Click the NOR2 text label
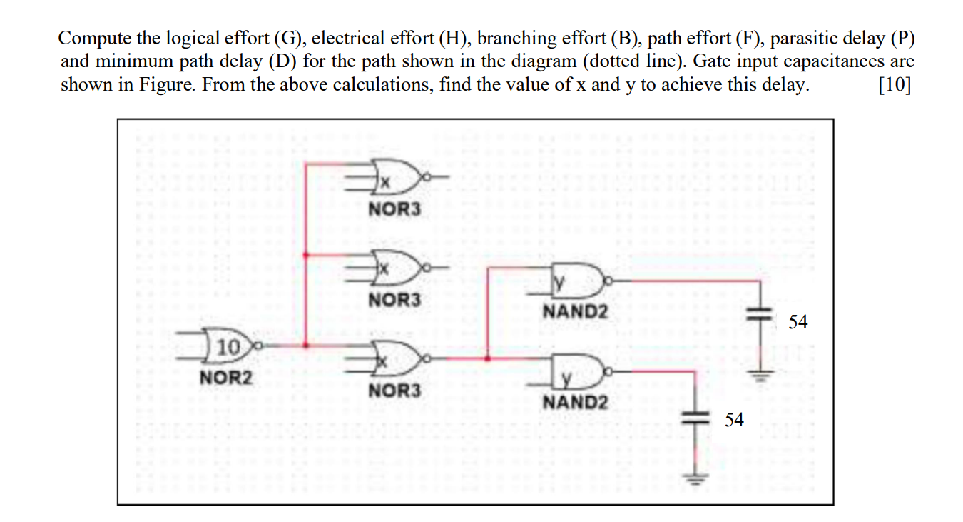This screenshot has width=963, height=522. coord(225,376)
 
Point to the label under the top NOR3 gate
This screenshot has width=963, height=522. coord(394,209)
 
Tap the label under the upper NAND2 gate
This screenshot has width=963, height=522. coord(576,311)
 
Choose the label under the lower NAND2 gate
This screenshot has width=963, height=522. coord(576,402)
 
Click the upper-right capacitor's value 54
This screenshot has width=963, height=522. coord(798,322)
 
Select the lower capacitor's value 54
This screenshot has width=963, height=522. coord(734,419)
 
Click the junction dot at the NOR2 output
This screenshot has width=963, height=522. coord(306,346)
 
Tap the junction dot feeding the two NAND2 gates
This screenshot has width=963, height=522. coord(486,358)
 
